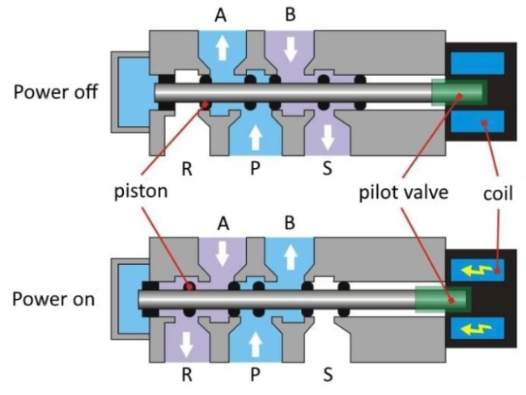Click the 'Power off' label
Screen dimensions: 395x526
tap(55, 91)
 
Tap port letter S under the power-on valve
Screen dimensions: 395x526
tap(328, 376)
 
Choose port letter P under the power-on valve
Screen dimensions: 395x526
tap(256, 376)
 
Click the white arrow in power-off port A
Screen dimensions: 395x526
tap(221, 49)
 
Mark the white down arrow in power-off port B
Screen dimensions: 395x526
tap(291, 49)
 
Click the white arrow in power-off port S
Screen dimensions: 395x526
tap(328, 137)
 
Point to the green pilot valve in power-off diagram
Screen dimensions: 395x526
tap(458, 92)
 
